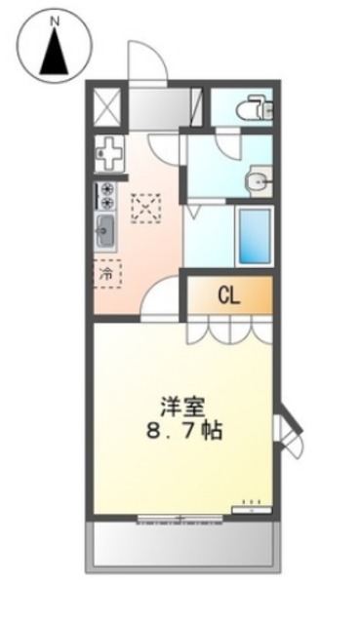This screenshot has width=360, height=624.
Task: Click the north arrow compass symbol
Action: click(55, 48)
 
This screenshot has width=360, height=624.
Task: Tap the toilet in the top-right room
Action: click(258, 106)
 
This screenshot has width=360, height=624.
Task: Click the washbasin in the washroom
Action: click(259, 179)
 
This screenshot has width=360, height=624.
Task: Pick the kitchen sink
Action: click(106, 232)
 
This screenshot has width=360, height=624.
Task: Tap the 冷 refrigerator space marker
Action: click(106, 275)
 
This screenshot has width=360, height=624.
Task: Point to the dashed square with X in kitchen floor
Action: click(146, 208)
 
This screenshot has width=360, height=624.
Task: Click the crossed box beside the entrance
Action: click(106, 104)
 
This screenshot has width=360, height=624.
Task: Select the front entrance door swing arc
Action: click(146, 60)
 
